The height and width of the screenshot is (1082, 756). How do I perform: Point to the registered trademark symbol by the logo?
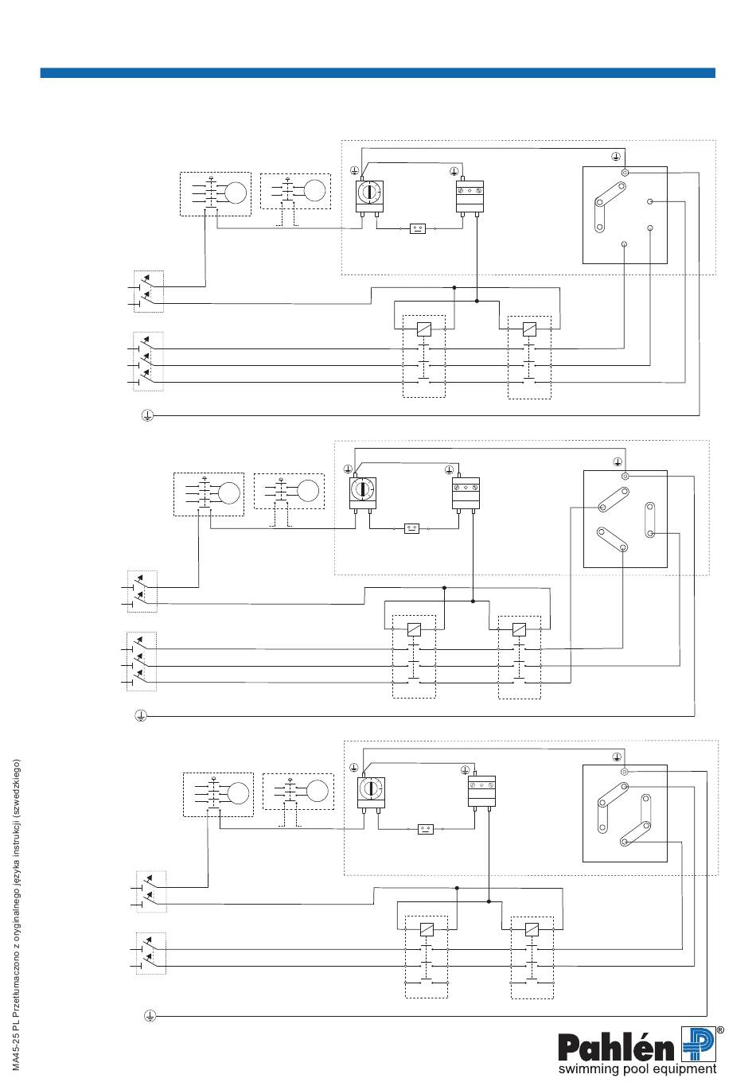720,1030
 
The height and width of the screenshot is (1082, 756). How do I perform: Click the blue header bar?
377,73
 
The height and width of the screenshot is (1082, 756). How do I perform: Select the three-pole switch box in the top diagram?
148,361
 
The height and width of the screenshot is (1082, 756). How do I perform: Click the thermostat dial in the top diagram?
368,192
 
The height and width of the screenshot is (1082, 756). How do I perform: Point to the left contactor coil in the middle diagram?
414,629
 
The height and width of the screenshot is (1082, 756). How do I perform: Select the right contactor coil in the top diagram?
529,329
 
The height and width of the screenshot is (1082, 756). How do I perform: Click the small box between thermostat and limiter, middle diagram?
411,528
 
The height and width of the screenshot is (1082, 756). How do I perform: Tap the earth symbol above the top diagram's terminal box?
616,156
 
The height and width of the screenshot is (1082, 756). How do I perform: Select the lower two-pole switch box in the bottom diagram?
150,953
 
